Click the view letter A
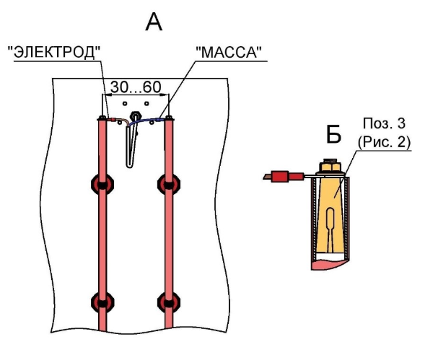154,22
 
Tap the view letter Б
333,135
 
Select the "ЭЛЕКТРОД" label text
54,52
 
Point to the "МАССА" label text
229,52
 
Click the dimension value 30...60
136,87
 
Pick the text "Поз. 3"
384,123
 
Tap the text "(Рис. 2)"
385,142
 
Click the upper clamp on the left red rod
102,184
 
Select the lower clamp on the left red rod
102,302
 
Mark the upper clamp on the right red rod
169,184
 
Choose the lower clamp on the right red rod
169,302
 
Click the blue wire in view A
145,120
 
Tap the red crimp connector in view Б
286,176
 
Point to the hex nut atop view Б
330,166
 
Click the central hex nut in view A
136,115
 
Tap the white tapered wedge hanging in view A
131,146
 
